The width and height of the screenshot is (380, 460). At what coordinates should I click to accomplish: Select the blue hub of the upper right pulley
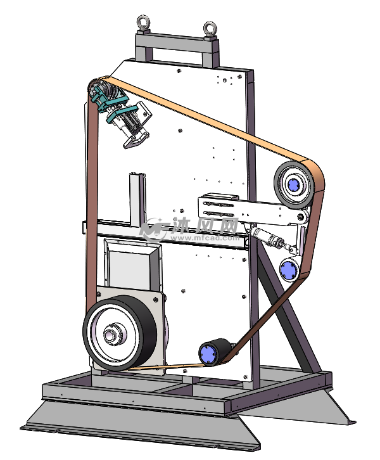(294, 185)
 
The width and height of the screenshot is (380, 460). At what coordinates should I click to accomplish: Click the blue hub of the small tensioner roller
(288, 270)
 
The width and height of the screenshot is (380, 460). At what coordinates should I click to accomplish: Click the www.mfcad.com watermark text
(204, 238)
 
